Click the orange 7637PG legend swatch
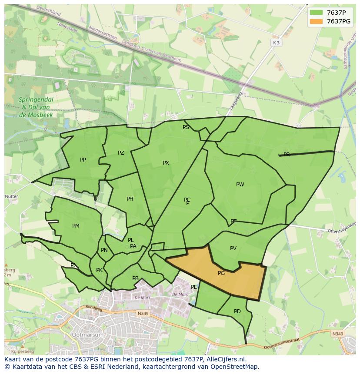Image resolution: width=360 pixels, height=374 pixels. click(x=317, y=21)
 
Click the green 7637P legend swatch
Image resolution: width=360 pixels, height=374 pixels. click(x=317, y=13)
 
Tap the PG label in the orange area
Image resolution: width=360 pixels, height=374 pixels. click(x=221, y=273)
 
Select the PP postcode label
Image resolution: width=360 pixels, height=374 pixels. click(x=83, y=160)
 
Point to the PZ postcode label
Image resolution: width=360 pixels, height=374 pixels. click(x=121, y=153)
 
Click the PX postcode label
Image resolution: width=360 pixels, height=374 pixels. click(x=166, y=163)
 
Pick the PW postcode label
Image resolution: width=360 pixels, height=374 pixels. click(x=240, y=185)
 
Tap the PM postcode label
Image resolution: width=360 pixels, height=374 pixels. click(x=76, y=226)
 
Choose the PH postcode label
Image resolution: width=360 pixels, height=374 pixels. click(x=130, y=199)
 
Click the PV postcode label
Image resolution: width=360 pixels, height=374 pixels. click(x=233, y=248)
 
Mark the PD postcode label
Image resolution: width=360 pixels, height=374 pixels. click(x=237, y=311)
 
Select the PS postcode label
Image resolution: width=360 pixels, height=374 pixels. click(x=186, y=127)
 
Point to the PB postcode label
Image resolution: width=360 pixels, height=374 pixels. click(x=135, y=278)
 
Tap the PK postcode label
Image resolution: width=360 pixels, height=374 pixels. click(x=99, y=270)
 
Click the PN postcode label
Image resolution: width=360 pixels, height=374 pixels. click(x=104, y=250)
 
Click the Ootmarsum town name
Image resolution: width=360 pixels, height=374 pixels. click(x=89, y=335)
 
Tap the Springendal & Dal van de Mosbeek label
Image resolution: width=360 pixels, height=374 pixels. click(x=36, y=107)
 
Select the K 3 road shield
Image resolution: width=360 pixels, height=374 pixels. click(x=276, y=43)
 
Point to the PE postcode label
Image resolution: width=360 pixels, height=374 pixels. click(x=194, y=287)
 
